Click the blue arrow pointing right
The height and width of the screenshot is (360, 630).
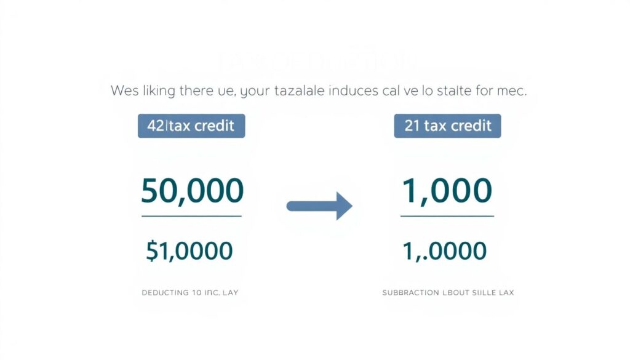coord(319,206)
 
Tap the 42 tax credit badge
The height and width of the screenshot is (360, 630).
coord(191,126)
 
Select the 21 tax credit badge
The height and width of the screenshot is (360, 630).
coord(447,126)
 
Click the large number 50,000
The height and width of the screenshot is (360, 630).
coord(192,191)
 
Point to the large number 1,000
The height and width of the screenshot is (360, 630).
coord(447,191)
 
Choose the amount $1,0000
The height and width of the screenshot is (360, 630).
coord(189,250)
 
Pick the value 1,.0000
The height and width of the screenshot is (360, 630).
coord(444,250)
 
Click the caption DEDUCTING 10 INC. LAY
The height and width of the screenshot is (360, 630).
coord(190,293)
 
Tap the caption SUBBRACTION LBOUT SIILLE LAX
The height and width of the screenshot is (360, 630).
coord(447,293)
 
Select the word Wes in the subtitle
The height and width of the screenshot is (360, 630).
coord(126,90)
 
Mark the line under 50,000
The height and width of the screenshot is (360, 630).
coord(192,216)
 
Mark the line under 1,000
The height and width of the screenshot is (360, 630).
coord(447,216)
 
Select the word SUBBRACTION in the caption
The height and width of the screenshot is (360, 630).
coord(410,293)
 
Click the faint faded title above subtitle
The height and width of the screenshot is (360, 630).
coord(316,62)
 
